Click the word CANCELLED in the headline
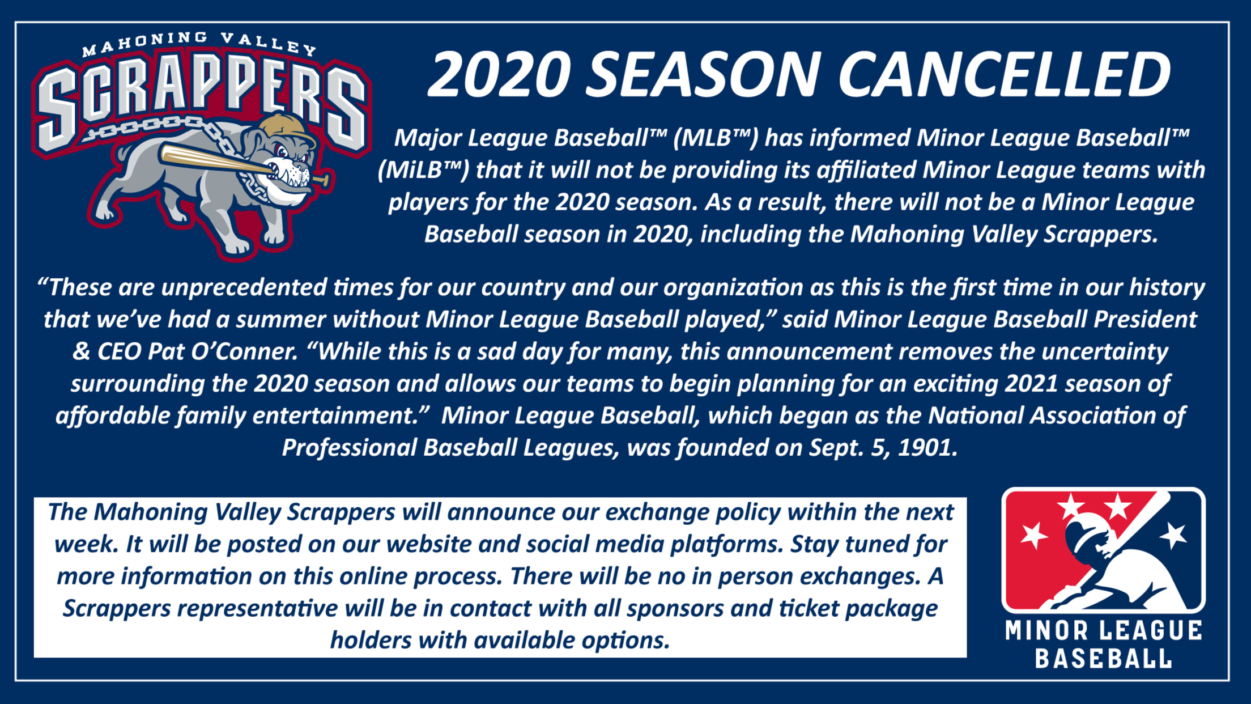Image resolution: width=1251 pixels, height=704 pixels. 1004,74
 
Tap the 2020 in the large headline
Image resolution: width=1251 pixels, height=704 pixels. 499,74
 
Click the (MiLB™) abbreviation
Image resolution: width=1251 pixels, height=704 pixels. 423,170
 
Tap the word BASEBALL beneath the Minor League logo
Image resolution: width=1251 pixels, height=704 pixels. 1103,658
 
